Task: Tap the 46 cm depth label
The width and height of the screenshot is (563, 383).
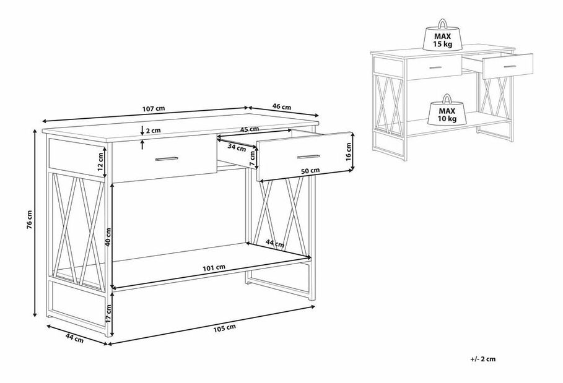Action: click(281, 106)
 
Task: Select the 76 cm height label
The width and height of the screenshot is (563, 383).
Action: click(30, 219)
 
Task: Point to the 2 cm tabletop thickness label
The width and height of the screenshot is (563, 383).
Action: click(154, 131)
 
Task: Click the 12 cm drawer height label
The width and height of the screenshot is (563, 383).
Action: click(101, 161)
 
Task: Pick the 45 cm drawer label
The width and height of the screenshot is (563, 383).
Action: click(249, 129)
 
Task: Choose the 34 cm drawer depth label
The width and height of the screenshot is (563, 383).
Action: click(237, 147)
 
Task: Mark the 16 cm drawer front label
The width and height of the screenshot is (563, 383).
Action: click(348, 152)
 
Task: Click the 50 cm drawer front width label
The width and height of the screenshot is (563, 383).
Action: click(310, 171)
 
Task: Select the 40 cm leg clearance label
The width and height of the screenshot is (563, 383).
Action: click(108, 237)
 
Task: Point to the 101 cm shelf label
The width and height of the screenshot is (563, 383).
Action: click(214, 267)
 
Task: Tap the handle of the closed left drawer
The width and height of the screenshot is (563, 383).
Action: click(166, 158)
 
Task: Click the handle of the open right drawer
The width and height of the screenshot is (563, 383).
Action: click(308, 157)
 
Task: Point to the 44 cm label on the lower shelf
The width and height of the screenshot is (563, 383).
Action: click(274, 244)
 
